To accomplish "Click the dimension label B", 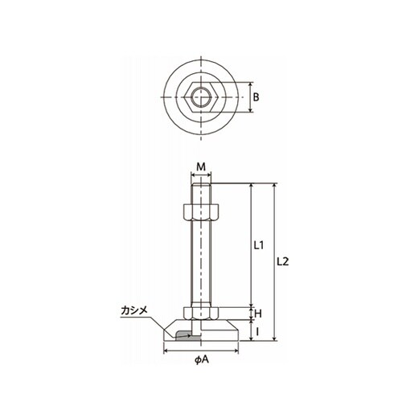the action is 256,97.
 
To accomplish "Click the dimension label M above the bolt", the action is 201,167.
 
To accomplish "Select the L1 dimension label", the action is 259,245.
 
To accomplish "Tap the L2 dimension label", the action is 283,261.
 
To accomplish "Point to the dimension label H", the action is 258,314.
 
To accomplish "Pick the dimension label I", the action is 257,332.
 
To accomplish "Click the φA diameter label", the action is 202,360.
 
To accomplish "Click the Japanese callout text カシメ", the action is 134,310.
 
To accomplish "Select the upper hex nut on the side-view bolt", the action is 201,211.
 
